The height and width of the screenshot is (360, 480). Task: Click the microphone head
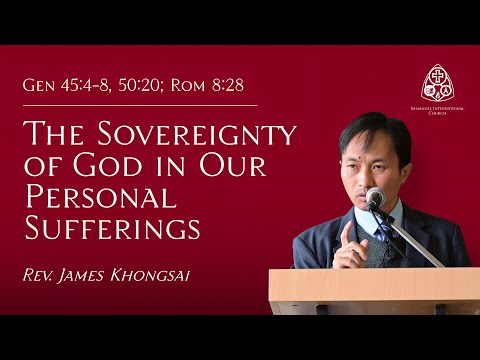(x=375, y=197)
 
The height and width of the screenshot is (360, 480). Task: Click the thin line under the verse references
(x=140, y=104)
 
